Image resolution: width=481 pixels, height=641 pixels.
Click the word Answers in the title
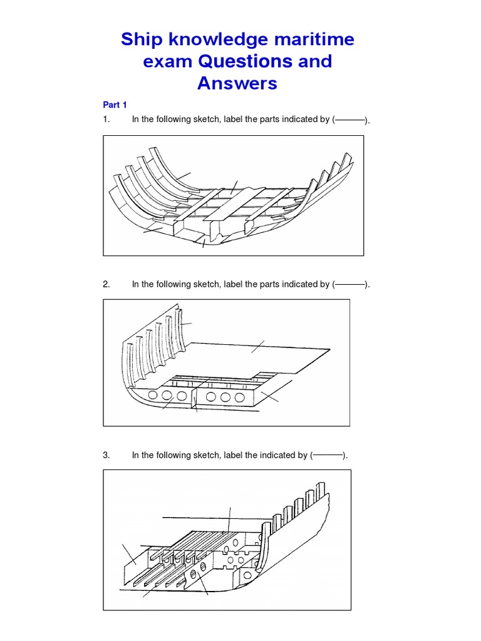pyautogui.click(x=237, y=83)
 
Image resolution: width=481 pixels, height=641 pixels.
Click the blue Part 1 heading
pyautogui.click(x=115, y=105)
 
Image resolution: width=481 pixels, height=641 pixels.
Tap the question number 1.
pyautogui.click(x=106, y=120)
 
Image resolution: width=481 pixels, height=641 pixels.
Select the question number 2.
pyautogui.click(x=106, y=284)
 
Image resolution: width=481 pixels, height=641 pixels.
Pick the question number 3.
pyautogui.click(x=106, y=455)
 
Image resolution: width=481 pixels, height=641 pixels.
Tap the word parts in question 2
pyautogui.click(x=269, y=284)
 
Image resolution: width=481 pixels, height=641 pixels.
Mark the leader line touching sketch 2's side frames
pyautogui.click(x=186, y=324)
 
